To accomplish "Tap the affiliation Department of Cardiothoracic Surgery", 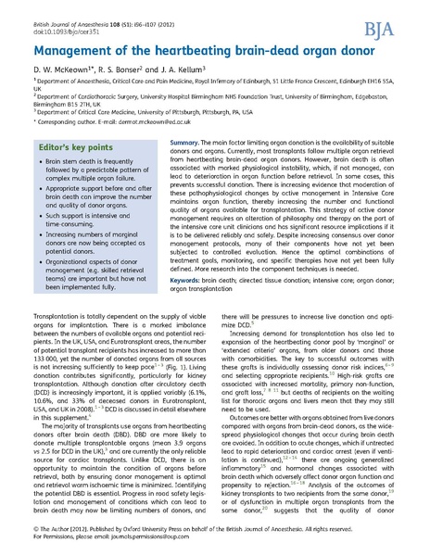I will (83, 94).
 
